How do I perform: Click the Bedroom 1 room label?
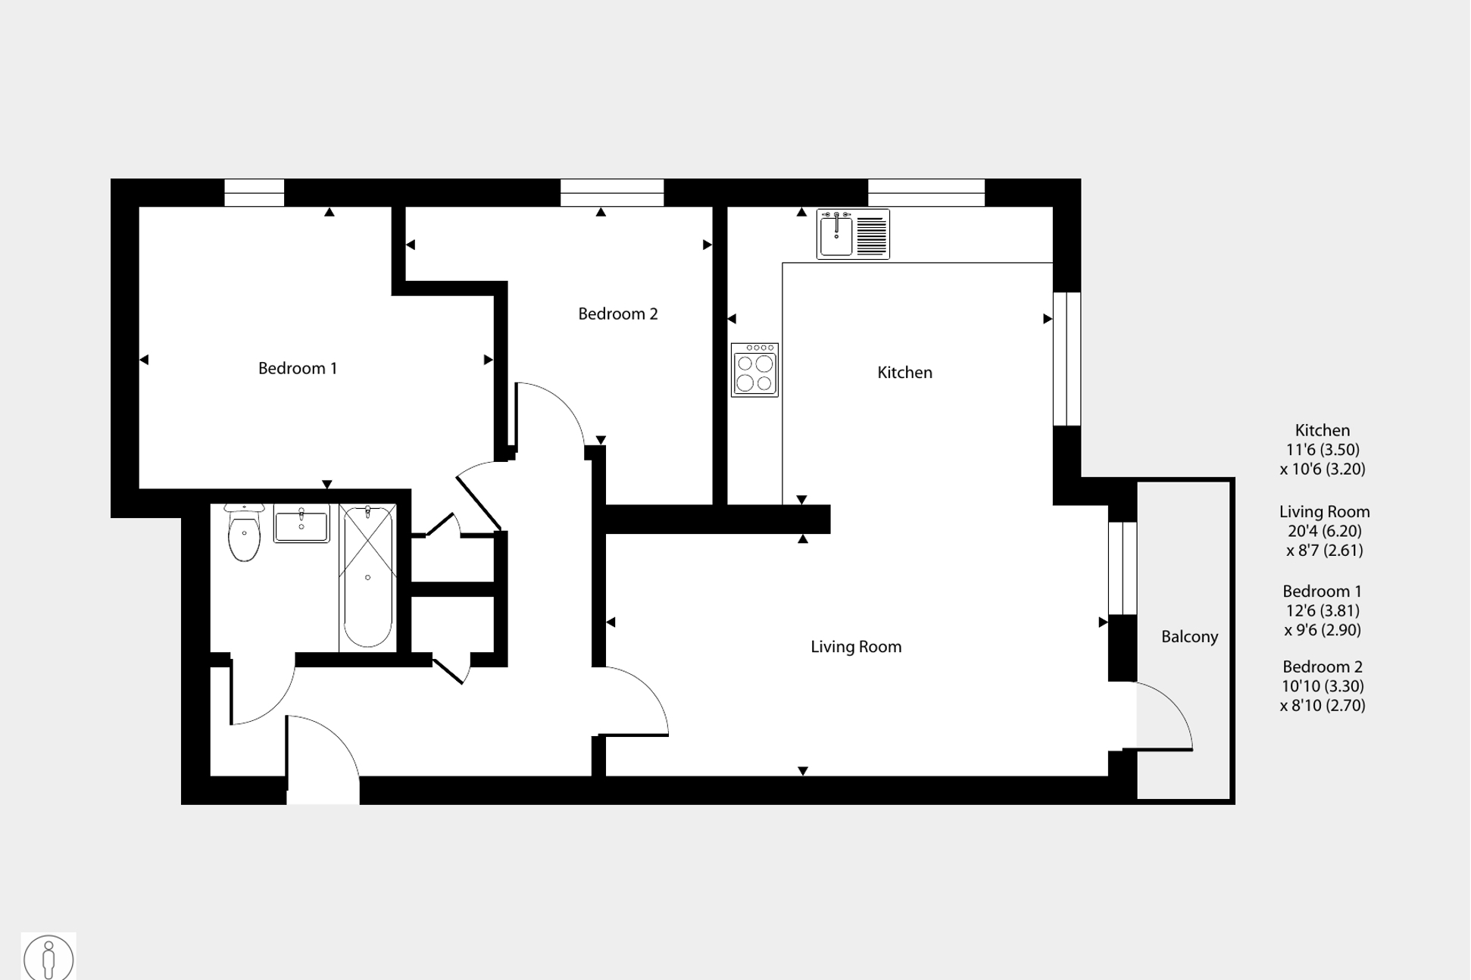(297, 368)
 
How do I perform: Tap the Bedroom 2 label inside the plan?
(617, 314)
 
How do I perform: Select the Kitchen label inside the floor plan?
(904, 373)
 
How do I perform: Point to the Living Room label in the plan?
(856, 647)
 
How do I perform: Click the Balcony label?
(1189, 637)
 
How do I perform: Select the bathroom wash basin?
(301, 524)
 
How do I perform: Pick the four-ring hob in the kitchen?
(754, 370)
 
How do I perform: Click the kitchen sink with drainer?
(853, 235)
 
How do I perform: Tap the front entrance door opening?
(323, 757)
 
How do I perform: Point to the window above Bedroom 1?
(255, 192)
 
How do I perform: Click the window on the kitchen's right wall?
(1067, 358)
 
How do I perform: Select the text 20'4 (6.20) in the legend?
(1324, 531)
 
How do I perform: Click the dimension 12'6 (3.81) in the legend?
(1323, 610)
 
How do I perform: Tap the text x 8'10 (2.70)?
(1323, 706)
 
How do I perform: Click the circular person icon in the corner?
(48, 958)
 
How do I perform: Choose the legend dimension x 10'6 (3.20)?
(1323, 469)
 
